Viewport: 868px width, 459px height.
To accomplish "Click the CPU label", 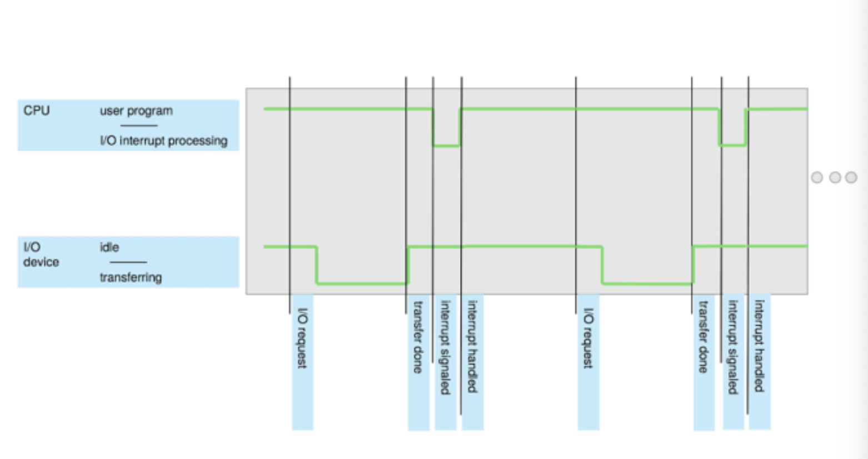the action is pos(37,111).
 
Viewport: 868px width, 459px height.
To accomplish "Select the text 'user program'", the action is pos(136,111).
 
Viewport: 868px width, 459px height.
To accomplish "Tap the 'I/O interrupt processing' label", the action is pos(163,141).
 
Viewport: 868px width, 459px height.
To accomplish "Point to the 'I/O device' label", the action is pos(41,255).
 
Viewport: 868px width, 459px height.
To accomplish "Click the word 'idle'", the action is pos(109,247).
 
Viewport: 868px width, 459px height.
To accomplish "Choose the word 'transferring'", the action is pos(131,277).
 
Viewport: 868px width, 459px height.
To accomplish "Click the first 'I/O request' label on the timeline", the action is pos(302,338).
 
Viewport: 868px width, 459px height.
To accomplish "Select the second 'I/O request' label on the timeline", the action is pos(588,338).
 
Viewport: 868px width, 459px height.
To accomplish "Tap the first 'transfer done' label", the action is pos(418,337).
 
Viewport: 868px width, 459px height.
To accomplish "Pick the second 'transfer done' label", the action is pos(704,337).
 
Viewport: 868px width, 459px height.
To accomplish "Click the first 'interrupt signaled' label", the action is pos(445,347).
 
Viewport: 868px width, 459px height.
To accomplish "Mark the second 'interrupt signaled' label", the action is pos(733,347).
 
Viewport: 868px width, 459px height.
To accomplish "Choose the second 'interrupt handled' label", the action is pos(759,346).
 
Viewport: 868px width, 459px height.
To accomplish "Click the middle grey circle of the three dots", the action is pos(835,177).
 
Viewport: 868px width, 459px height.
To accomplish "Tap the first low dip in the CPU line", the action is pos(446,146).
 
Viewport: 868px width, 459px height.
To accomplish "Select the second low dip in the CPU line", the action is pos(732,146).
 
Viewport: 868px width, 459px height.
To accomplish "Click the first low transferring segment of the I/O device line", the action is pos(362,283).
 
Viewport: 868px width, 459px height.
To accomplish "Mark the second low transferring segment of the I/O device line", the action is pos(647,283).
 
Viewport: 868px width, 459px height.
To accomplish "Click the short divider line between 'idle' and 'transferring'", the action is pos(128,262).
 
